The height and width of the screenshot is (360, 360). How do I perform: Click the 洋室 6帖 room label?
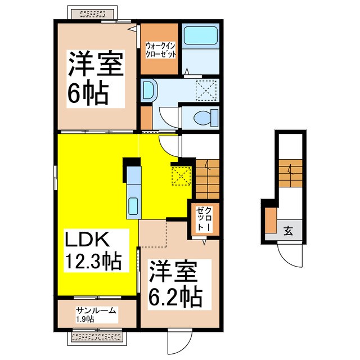tap(95, 78)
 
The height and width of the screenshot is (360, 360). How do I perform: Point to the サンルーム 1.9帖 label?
tap(96, 313)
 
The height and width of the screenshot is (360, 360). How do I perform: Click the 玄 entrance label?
tap(288, 231)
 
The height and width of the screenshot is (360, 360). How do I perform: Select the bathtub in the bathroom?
tap(201, 38)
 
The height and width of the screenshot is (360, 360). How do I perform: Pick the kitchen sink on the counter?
tap(134, 206)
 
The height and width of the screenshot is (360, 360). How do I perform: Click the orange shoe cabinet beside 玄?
tap(271, 221)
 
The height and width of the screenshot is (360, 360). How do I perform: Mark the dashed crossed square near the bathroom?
tap(206, 90)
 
